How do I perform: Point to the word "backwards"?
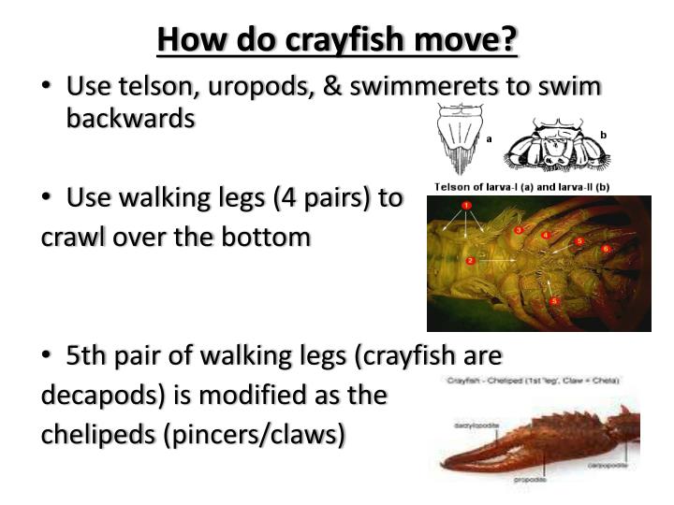pos(130,119)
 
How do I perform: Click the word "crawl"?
pos(71,237)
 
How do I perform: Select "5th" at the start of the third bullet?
pos(88,355)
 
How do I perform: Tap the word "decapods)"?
pos(94,395)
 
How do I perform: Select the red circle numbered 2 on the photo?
pos(470,260)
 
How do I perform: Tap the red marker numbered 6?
pos(606,249)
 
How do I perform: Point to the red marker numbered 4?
pos(547,236)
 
